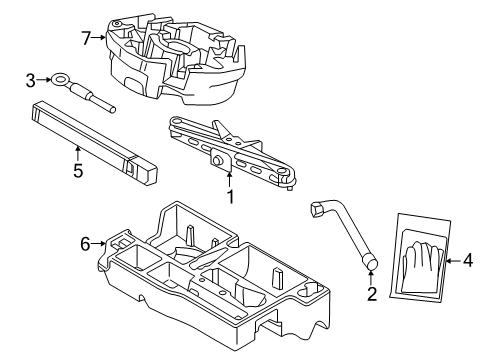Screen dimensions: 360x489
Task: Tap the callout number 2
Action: click(x=371, y=294)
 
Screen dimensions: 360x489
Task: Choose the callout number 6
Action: click(x=86, y=243)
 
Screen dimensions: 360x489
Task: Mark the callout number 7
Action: click(x=86, y=40)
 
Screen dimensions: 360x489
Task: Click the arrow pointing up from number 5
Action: click(x=78, y=152)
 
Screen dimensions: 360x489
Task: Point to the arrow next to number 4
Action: click(x=452, y=262)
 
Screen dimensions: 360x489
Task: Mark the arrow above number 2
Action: click(x=371, y=279)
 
